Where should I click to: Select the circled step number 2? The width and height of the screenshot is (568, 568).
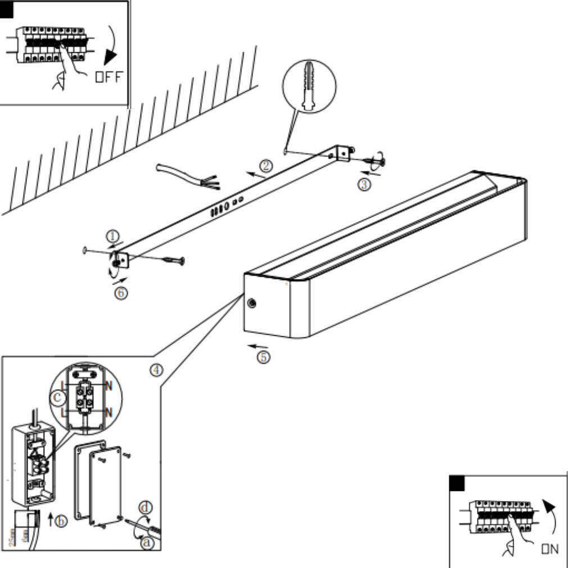click(x=266, y=166)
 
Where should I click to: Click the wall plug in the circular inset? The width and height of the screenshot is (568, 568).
click(x=309, y=87)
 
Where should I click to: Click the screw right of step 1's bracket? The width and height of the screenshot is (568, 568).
click(x=172, y=260)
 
